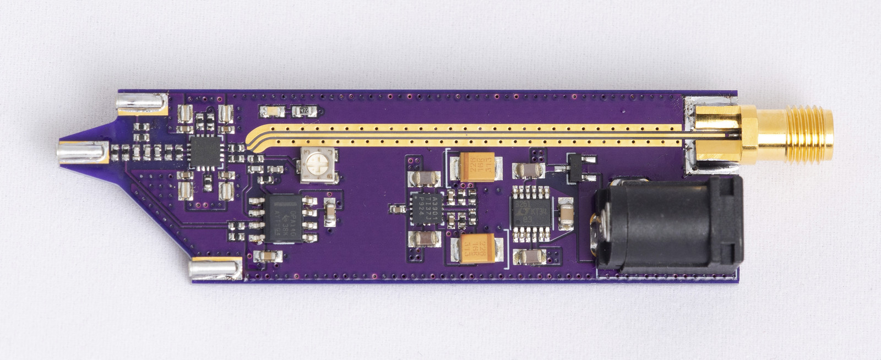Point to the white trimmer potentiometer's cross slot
317,164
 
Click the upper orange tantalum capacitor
475,166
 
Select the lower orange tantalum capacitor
476,248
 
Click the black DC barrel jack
669,226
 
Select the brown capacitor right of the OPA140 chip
330,212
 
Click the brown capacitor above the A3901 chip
426,178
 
